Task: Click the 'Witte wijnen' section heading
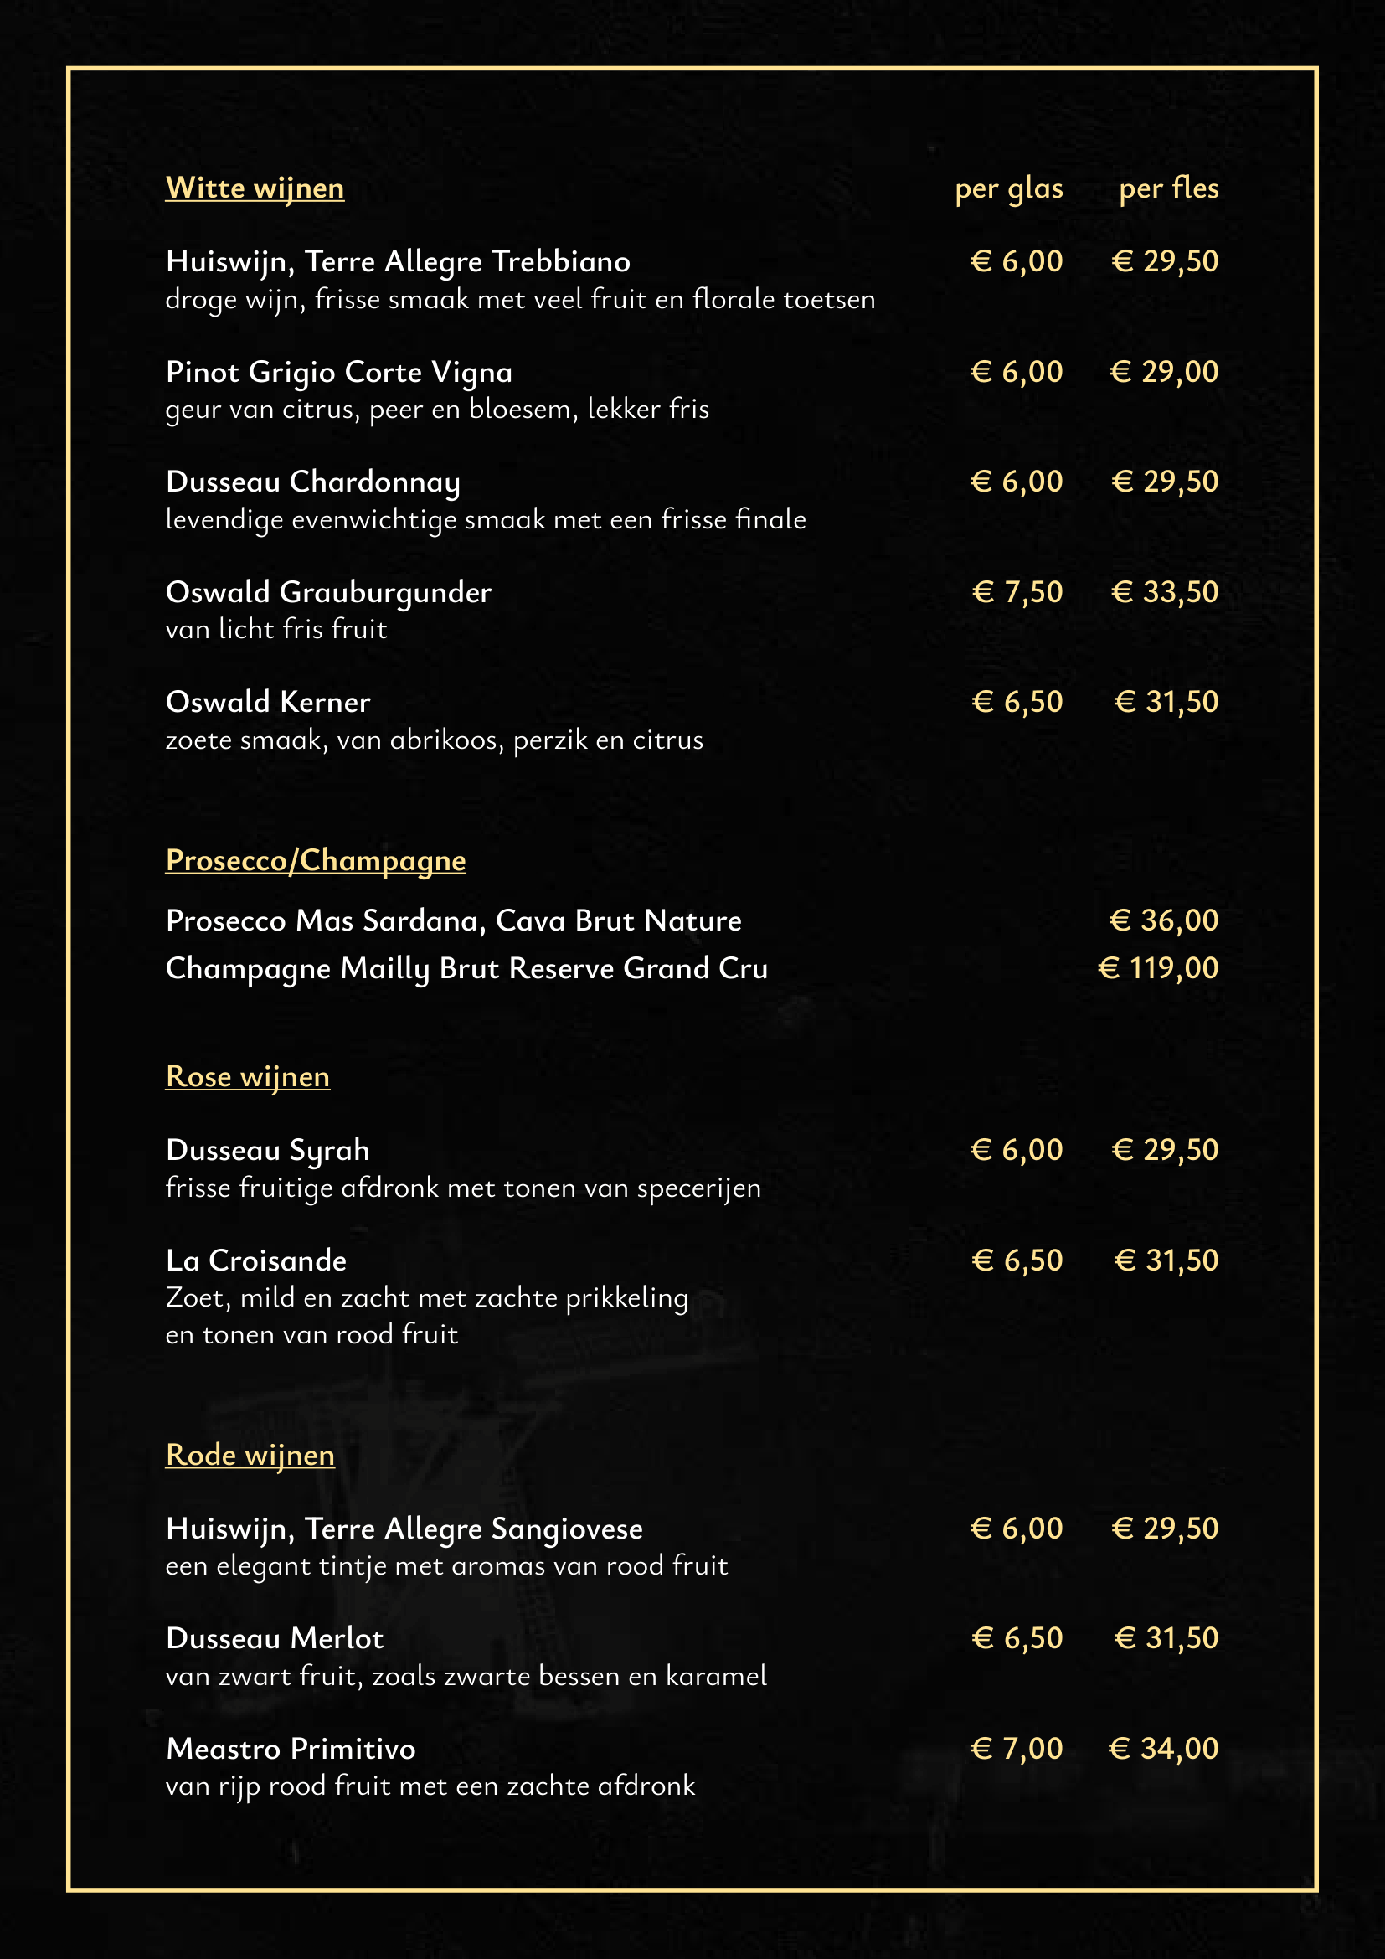tap(255, 188)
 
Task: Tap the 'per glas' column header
tap(1008, 188)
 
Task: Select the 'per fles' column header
tap(1167, 188)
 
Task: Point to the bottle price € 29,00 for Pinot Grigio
tap(1163, 372)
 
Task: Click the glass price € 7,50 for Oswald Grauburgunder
tap(1017, 592)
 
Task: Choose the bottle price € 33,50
tap(1164, 592)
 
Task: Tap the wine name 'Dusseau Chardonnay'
tap(313, 482)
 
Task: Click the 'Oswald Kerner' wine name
tap(268, 702)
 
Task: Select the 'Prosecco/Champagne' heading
tap(316, 860)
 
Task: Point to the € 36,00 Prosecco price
tap(1163, 920)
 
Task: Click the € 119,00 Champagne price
tap(1157, 968)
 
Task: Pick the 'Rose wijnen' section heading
tap(247, 1077)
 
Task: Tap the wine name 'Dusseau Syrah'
tap(268, 1150)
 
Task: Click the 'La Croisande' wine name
tap(256, 1261)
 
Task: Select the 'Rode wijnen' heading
tap(250, 1455)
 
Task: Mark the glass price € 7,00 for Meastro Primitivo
tap(1016, 1749)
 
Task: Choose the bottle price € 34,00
tap(1162, 1749)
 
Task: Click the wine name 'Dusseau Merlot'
tap(275, 1638)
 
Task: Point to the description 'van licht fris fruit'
tap(276, 630)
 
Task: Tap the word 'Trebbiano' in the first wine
tap(560, 261)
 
